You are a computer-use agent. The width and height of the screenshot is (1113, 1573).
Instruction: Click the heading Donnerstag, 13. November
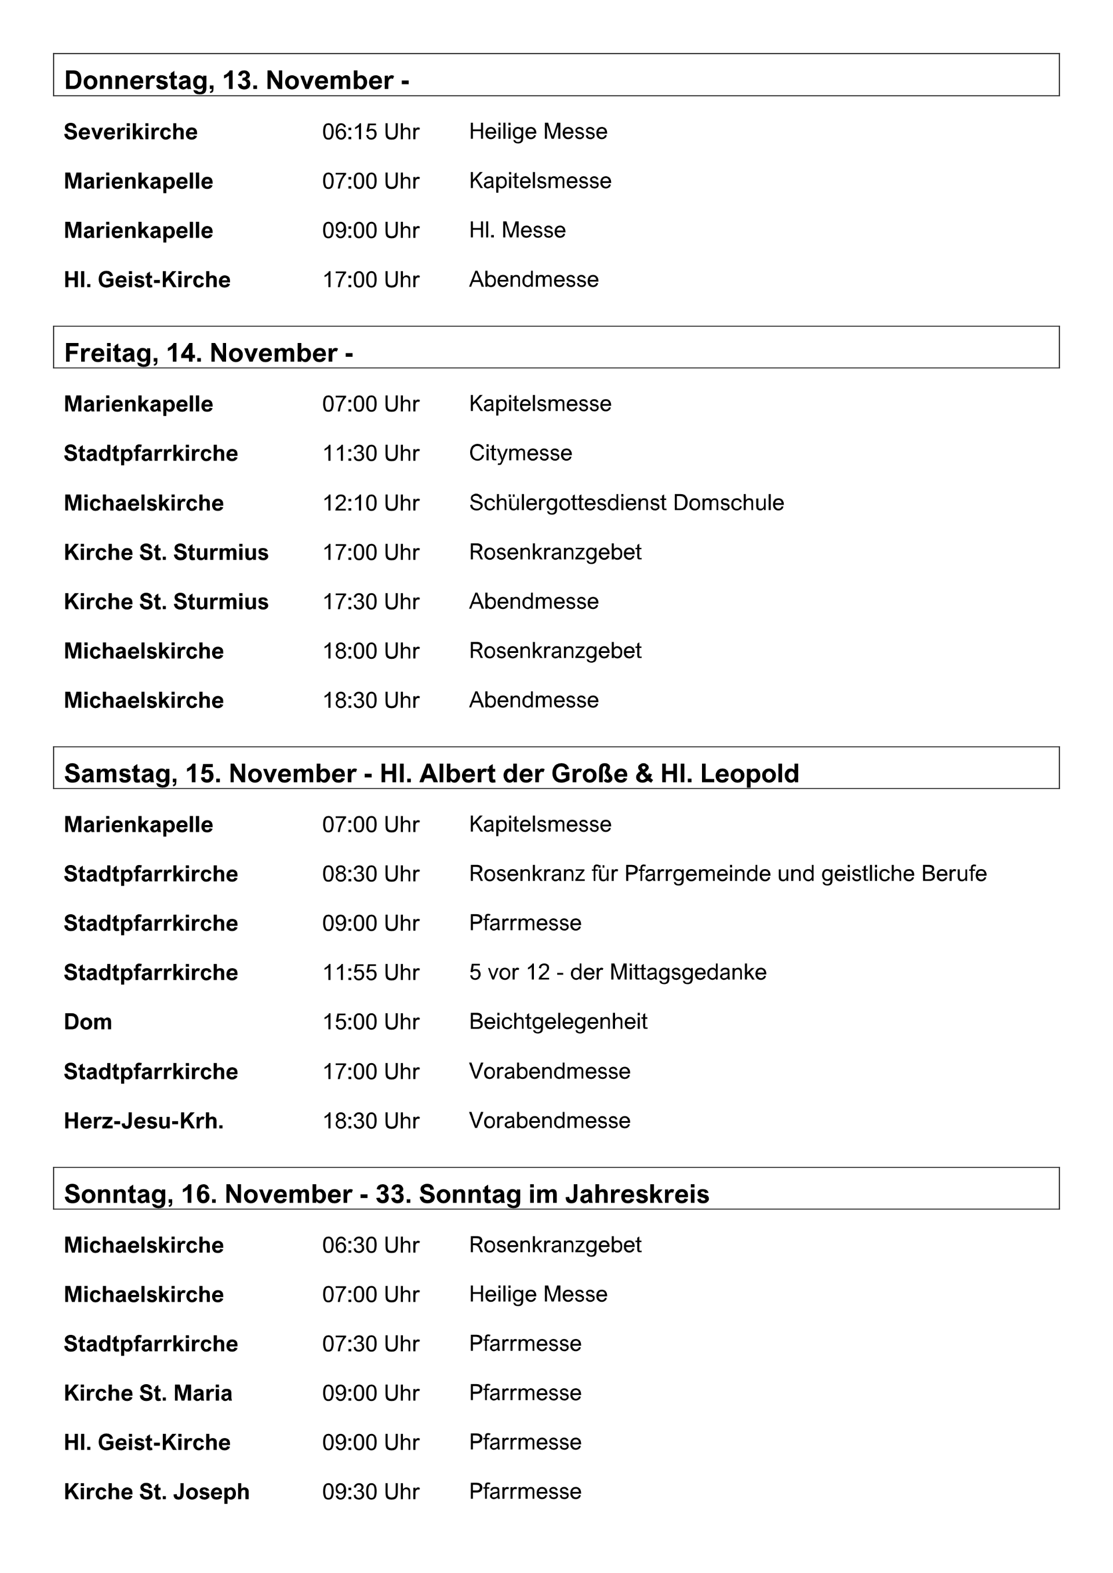point(228,80)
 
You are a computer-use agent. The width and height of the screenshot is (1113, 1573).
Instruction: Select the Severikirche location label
point(130,132)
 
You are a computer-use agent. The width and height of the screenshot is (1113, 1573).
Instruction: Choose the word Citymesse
point(520,453)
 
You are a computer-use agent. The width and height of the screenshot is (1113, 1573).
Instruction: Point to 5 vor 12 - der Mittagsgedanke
point(617,972)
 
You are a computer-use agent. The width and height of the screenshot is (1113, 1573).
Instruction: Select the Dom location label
point(88,1021)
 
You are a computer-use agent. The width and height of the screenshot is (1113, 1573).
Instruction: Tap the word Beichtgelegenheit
point(558,1021)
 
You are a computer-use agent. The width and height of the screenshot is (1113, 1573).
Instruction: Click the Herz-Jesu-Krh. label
point(143,1121)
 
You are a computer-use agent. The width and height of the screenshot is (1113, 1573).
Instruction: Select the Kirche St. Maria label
point(147,1393)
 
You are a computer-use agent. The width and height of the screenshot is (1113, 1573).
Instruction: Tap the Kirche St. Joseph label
point(157,1491)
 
